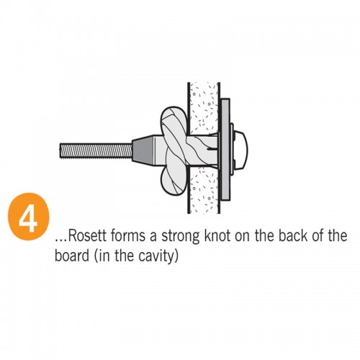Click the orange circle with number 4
pyautogui.click(x=28, y=217)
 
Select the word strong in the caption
pyautogui.click(x=180, y=237)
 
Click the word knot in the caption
pyautogui.click(x=217, y=235)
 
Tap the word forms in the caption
pyautogui.click(x=128, y=235)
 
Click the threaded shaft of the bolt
pyautogui.click(x=96, y=150)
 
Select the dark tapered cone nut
pyautogui.click(x=143, y=149)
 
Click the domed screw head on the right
pyautogui.click(x=240, y=149)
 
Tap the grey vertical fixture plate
pyautogui.click(x=225, y=149)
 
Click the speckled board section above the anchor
pyautogui.click(x=204, y=109)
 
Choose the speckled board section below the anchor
pyautogui.click(x=204, y=189)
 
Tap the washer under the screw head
pyautogui.click(x=232, y=149)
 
